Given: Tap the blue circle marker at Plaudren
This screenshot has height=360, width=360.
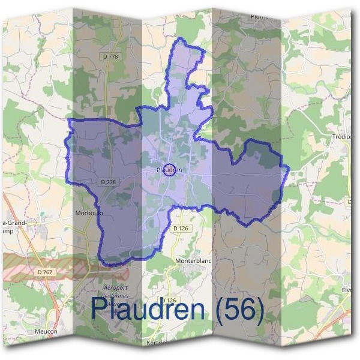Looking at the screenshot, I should click(x=170, y=170).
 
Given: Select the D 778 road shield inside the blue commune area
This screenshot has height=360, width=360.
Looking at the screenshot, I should click(x=109, y=181).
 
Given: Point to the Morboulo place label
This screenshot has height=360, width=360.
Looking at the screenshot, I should click(x=89, y=213).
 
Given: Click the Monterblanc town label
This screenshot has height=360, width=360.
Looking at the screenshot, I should click(x=194, y=262).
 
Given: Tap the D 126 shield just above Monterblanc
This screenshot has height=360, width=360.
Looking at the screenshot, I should click(x=181, y=228).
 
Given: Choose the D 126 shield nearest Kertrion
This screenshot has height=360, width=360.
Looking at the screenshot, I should click(x=169, y=300).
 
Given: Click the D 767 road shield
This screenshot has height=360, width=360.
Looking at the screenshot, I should click(x=44, y=272).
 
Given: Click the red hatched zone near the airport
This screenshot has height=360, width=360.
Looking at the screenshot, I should click(x=36, y=265).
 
